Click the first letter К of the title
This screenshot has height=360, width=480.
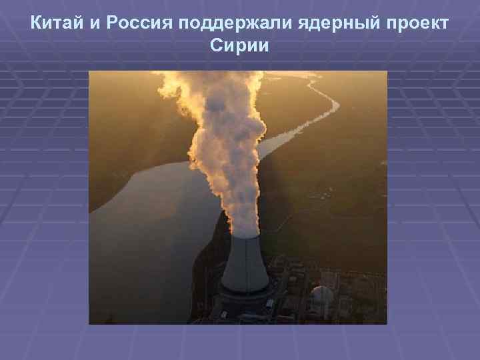(37, 25)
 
